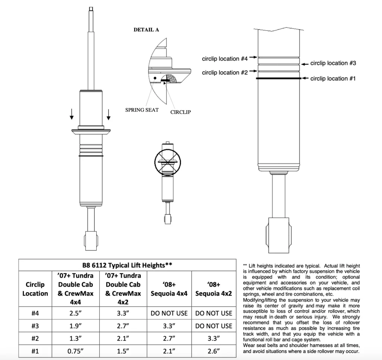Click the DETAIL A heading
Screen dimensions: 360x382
pyautogui.click(x=146, y=30)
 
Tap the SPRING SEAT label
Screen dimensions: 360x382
pyautogui.click(x=142, y=110)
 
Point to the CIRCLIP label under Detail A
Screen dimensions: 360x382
pyautogui.click(x=181, y=112)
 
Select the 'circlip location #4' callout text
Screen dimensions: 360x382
pyautogui.click(x=225, y=59)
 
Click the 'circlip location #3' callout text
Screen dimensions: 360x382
pyautogui.click(x=333, y=63)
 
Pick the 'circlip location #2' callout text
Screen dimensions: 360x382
pyautogui.click(x=225, y=73)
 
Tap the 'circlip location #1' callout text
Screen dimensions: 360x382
pyautogui.click(x=333, y=79)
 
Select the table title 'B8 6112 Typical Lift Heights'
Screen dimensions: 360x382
pyautogui.click(x=127, y=265)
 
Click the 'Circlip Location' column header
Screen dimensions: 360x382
pyautogui.click(x=35, y=289)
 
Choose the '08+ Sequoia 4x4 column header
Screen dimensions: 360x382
pyautogui.click(x=169, y=289)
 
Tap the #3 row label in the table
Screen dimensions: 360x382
pyautogui.click(x=35, y=326)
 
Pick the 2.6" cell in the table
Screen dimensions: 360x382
pyautogui.click(x=214, y=351)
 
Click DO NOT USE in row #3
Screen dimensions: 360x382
pyautogui.click(x=214, y=326)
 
